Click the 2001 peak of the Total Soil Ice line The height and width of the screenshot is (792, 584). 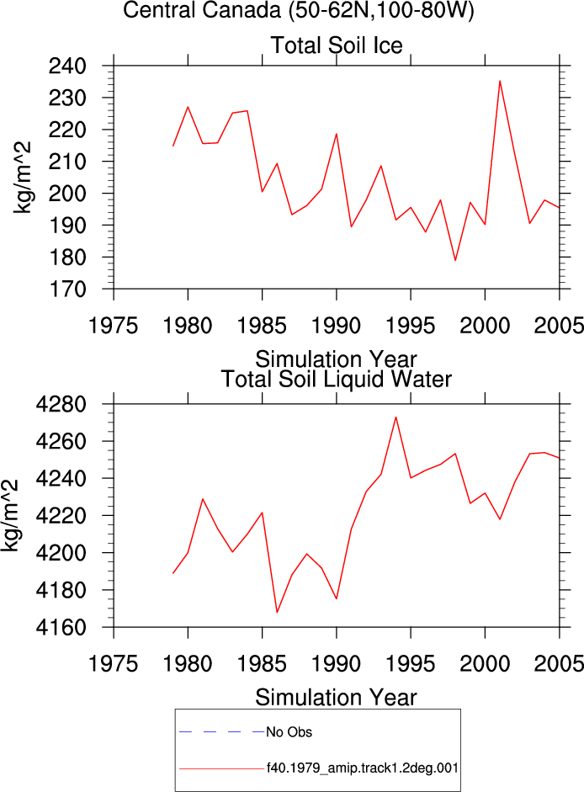point(500,81)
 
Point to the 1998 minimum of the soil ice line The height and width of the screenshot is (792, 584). point(455,260)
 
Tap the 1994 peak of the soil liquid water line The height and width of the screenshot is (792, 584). point(396,417)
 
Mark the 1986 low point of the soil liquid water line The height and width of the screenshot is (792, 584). point(277,612)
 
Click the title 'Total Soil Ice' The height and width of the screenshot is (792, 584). point(337,45)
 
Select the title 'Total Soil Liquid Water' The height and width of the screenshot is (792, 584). point(337,379)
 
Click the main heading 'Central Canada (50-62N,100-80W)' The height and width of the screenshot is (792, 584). point(299,10)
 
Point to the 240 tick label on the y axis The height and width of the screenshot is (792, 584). point(67,66)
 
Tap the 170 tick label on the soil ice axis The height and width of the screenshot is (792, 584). point(67,290)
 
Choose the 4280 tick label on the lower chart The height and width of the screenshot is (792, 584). point(61,404)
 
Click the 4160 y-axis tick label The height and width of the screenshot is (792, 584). point(61,627)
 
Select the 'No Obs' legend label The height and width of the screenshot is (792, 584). point(289,732)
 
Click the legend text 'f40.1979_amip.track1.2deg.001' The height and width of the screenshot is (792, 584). point(363,768)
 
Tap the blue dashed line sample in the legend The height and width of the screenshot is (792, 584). point(222,732)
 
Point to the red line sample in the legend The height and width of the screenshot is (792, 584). point(222,768)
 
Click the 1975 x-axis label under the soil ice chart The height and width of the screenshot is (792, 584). point(113,326)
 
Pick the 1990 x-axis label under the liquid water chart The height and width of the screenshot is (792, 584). point(336,664)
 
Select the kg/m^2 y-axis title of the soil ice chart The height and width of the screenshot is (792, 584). point(22,178)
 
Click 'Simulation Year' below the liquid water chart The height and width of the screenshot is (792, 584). point(336,698)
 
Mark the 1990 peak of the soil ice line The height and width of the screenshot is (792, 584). point(336,134)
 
